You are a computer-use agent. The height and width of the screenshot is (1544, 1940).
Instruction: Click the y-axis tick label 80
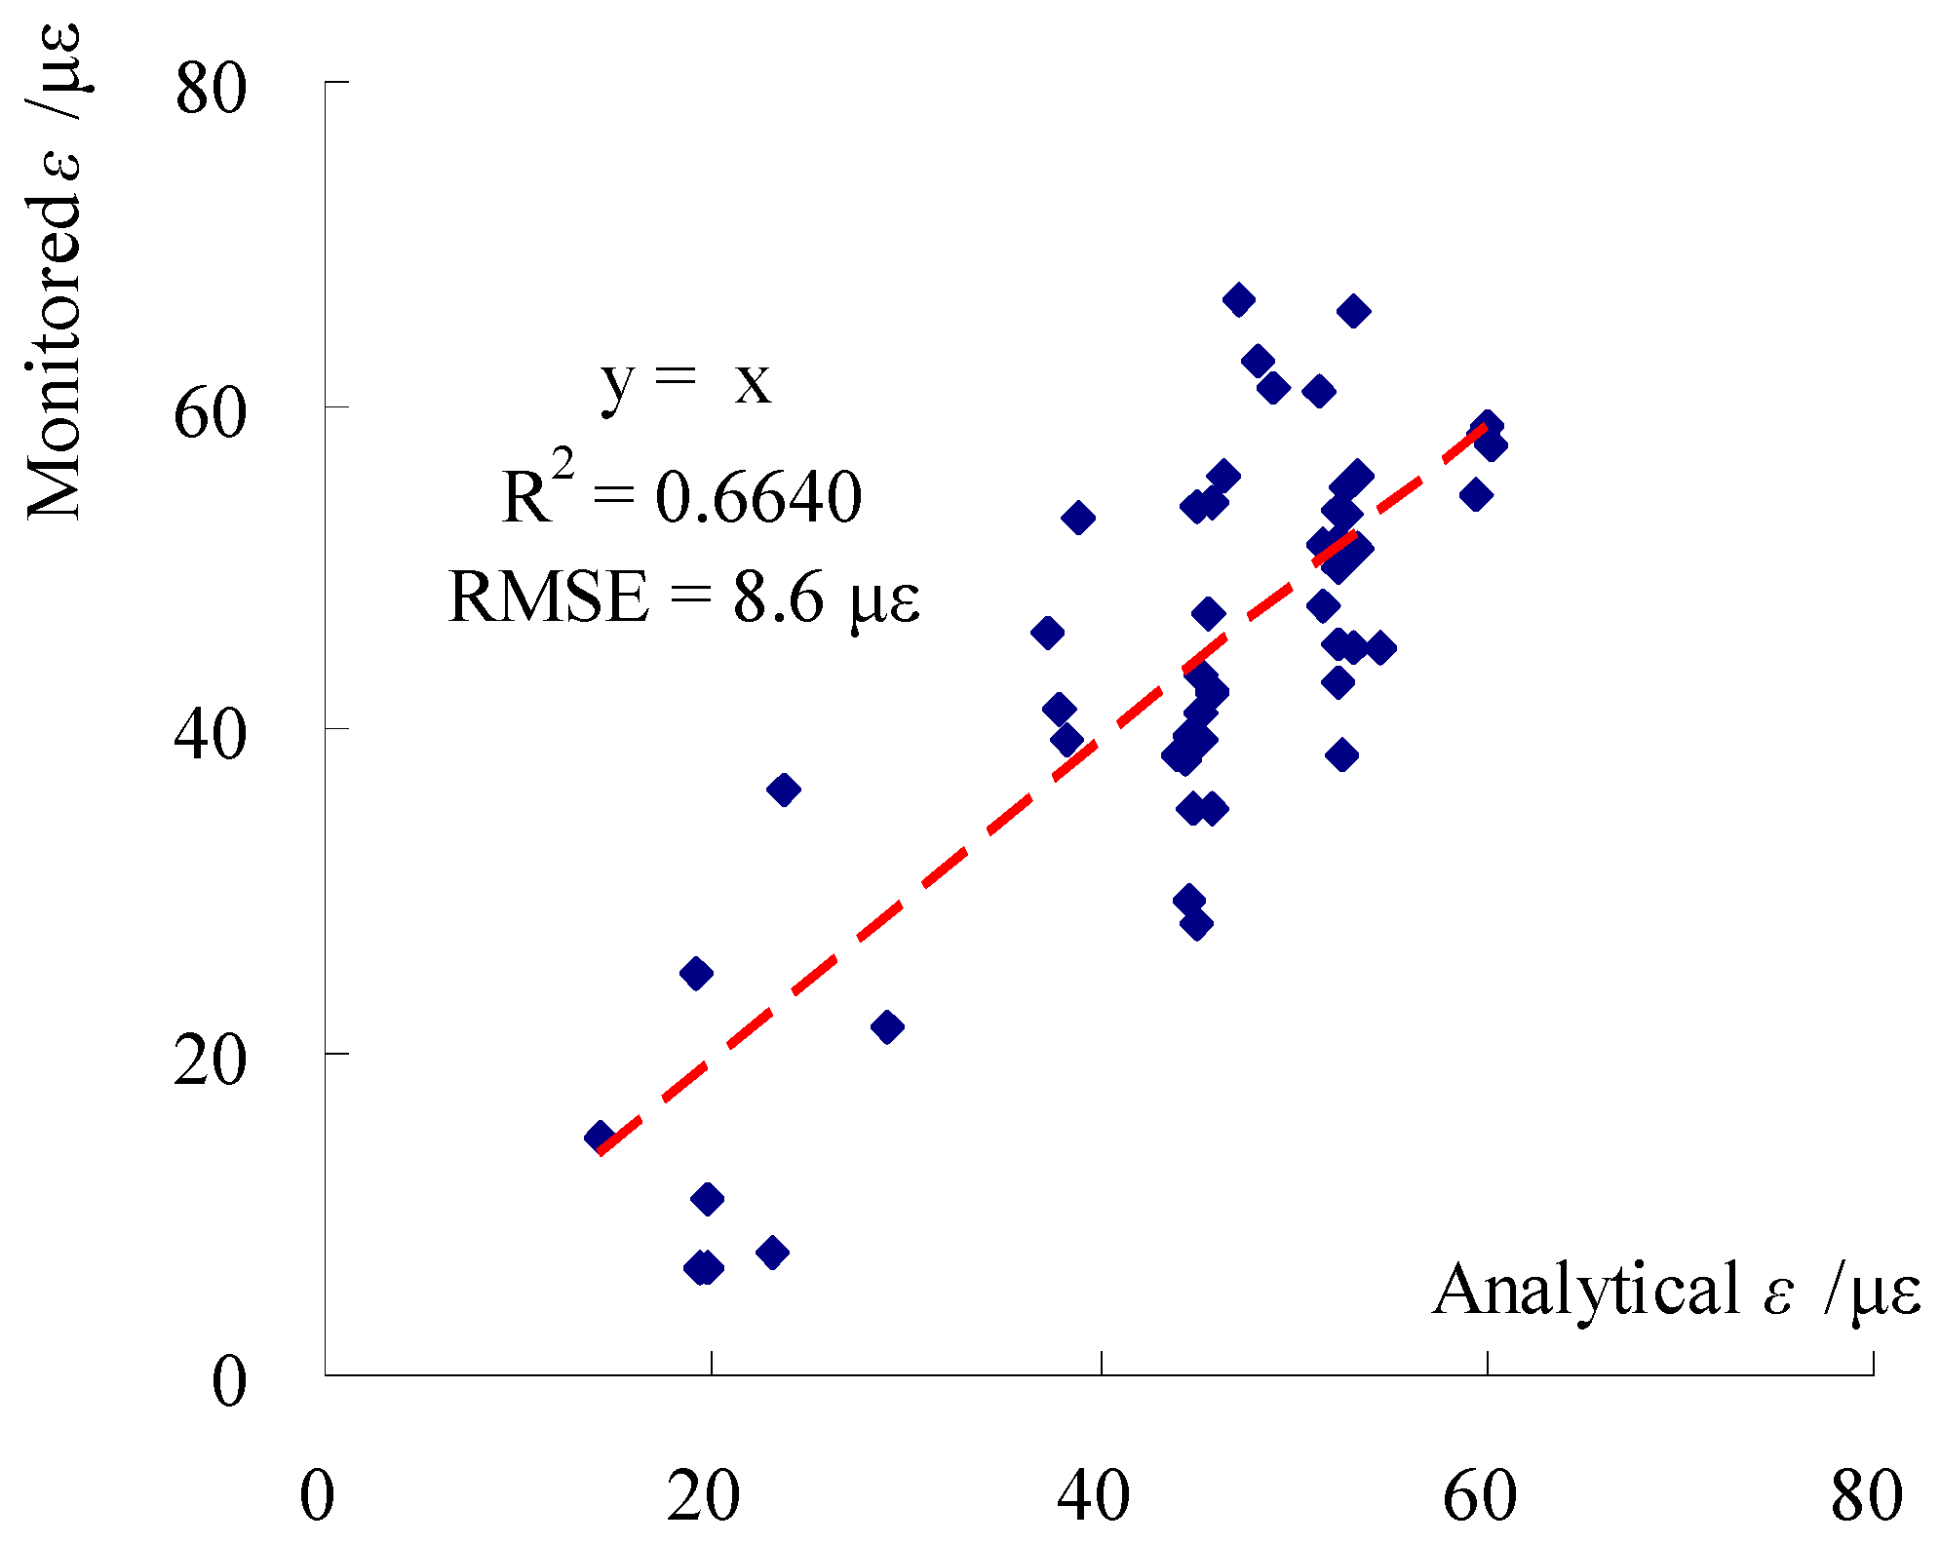pyautogui.click(x=209, y=92)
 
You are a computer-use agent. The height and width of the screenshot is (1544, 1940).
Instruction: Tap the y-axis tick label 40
pyautogui.click(x=209, y=735)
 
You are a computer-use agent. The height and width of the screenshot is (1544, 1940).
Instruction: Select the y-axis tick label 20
pyautogui.click(x=209, y=1061)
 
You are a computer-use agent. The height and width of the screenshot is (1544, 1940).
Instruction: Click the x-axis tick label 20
pyautogui.click(x=703, y=1495)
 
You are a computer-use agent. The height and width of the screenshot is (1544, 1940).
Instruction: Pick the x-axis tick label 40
pyautogui.click(x=1094, y=1495)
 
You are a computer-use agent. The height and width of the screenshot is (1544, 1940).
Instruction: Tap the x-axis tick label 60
pyautogui.click(x=1480, y=1495)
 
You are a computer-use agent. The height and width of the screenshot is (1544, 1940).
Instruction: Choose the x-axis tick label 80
pyautogui.click(x=1867, y=1495)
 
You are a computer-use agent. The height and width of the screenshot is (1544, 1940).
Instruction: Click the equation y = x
pyautogui.click(x=685, y=382)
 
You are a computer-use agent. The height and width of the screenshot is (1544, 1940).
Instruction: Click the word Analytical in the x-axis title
pyautogui.click(x=1586, y=1289)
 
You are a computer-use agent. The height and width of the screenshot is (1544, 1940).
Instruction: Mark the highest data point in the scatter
pyautogui.click(x=1238, y=300)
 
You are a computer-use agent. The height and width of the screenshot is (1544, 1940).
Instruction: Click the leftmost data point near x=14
pyautogui.click(x=600, y=1137)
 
